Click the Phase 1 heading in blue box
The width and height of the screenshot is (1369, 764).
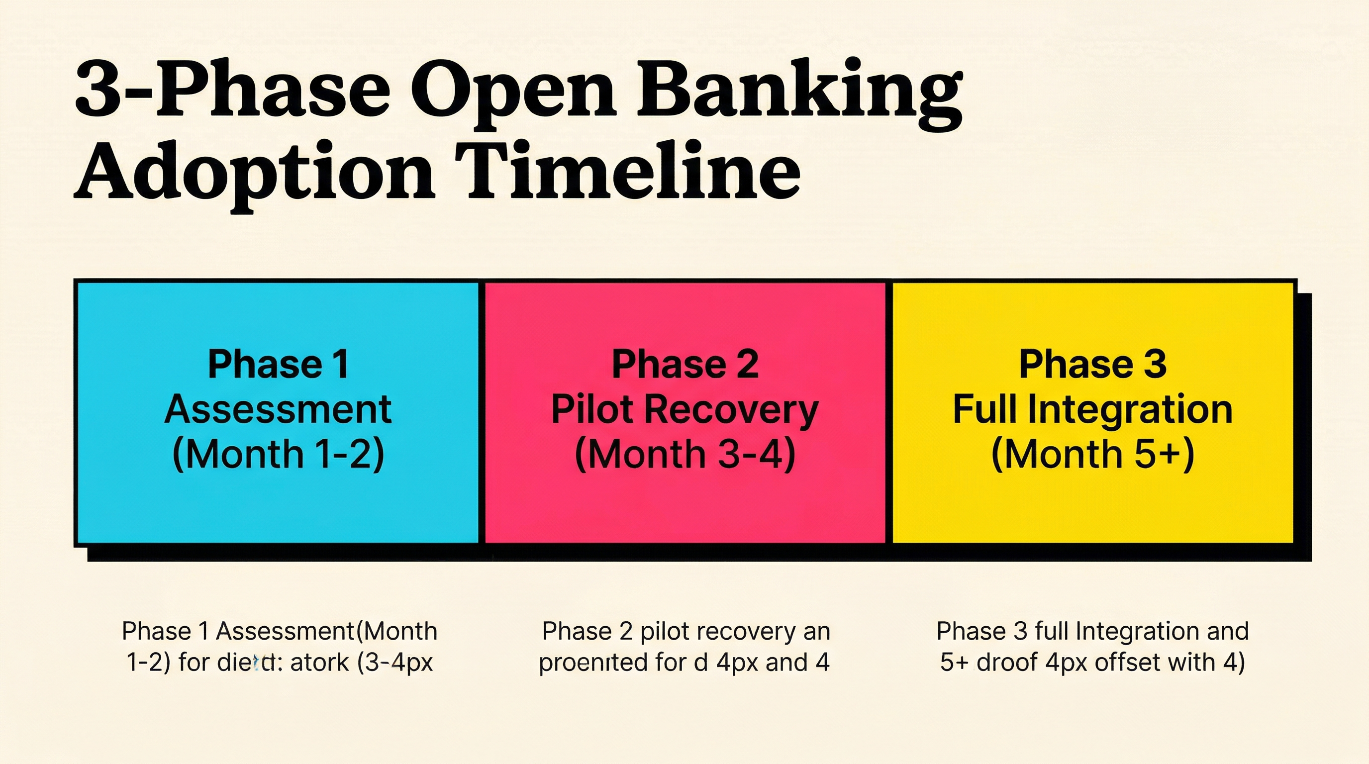(x=278, y=365)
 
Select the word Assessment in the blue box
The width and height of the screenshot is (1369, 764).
(x=278, y=410)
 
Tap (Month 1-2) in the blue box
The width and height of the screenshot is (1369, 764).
(x=278, y=454)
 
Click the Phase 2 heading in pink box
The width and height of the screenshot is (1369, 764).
(x=684, y=365)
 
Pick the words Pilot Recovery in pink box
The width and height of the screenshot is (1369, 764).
(x=684, y=410)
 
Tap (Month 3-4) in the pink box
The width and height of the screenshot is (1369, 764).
(x=684, y=454)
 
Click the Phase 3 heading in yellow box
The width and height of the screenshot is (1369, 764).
(x=1092, y=365)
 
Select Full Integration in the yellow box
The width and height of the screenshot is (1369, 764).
(x=1092, y=410)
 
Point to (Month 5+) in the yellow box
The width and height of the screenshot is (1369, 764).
(x=1092, y=454)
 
